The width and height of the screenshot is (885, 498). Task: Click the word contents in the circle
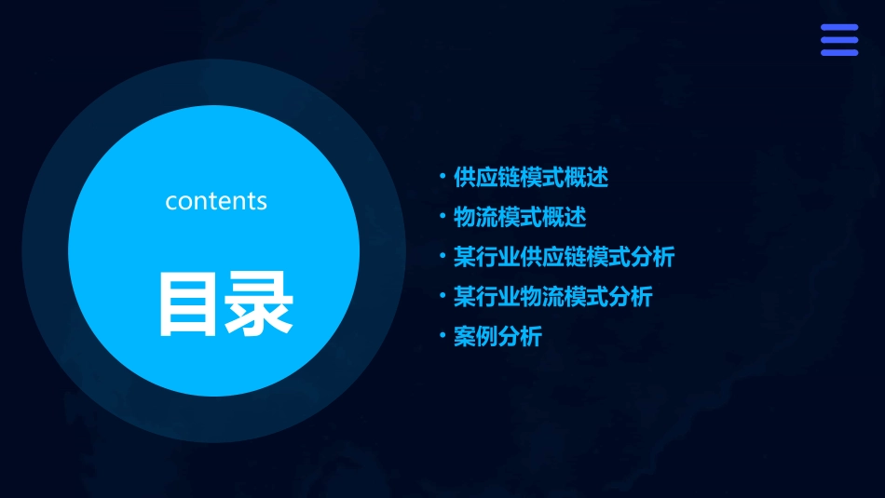(216, 201)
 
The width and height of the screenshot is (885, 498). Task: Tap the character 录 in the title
(260, 304)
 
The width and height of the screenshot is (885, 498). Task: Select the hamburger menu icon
(839, 40)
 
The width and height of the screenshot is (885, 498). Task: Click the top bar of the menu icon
(839, 28)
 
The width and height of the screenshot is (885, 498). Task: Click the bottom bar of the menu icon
(839, 52)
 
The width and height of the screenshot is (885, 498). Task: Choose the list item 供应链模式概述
(530, 177)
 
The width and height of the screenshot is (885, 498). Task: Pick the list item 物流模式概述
(520, 218)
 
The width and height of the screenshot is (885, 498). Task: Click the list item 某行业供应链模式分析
(564, 257)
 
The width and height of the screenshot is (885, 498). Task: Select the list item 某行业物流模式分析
(552, 297)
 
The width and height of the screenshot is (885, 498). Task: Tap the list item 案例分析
(497, 337)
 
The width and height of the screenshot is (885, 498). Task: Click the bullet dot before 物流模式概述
(442, 216)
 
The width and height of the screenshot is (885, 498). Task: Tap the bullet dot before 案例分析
(442, 335)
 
